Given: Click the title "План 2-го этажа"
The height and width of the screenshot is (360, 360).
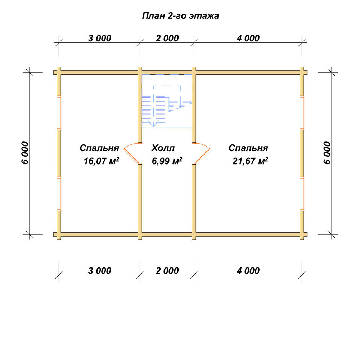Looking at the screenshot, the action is click(x=180, y=16).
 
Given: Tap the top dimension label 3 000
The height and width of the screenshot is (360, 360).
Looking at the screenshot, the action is click(x=100, y=38).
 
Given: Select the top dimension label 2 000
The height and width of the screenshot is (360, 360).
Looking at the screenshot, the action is click(x=167, y=38).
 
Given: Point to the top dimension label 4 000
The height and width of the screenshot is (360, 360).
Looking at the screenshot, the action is click(x=248, y=38).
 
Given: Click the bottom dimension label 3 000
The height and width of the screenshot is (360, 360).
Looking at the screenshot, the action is click(x=100, y=271).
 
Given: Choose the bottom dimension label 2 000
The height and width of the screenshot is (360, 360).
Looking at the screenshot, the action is click(x=167, y=271).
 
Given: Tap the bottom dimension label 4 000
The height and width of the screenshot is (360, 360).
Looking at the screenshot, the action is click(x=248, y=271).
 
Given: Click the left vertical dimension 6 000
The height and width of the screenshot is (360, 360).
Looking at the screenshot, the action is click(x=25, y=153).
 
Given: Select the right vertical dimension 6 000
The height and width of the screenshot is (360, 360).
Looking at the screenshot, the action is click(x=327, y=153).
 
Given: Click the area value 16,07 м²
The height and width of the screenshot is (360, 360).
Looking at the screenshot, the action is click(x=101, y=161).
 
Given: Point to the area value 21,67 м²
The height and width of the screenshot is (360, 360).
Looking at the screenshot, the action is click(x=250, y=161).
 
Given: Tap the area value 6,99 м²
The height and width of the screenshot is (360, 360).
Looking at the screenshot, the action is click(x=167, y=161).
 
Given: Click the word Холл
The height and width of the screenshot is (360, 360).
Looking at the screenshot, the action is click(x=163, y=148).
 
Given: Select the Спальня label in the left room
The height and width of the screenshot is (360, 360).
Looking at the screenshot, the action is click(x=99, y=148).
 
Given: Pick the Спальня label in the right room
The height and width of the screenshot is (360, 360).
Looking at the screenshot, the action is click(x=248, y=148).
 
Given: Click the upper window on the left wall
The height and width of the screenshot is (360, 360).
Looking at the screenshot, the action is click(x=59, y=113).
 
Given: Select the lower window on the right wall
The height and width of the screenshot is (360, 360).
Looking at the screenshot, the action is click(x=302, y=194).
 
